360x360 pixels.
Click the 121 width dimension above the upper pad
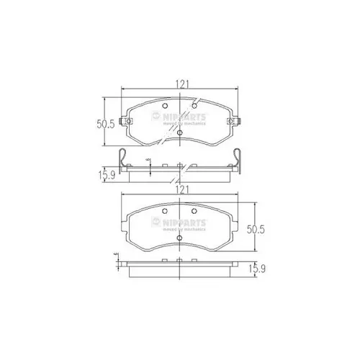(x=181, y=84)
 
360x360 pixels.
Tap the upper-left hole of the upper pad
(x=163, y=108)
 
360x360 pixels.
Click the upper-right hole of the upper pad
(x=194, y=108)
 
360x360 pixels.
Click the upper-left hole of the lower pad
(x=165, y=211)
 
